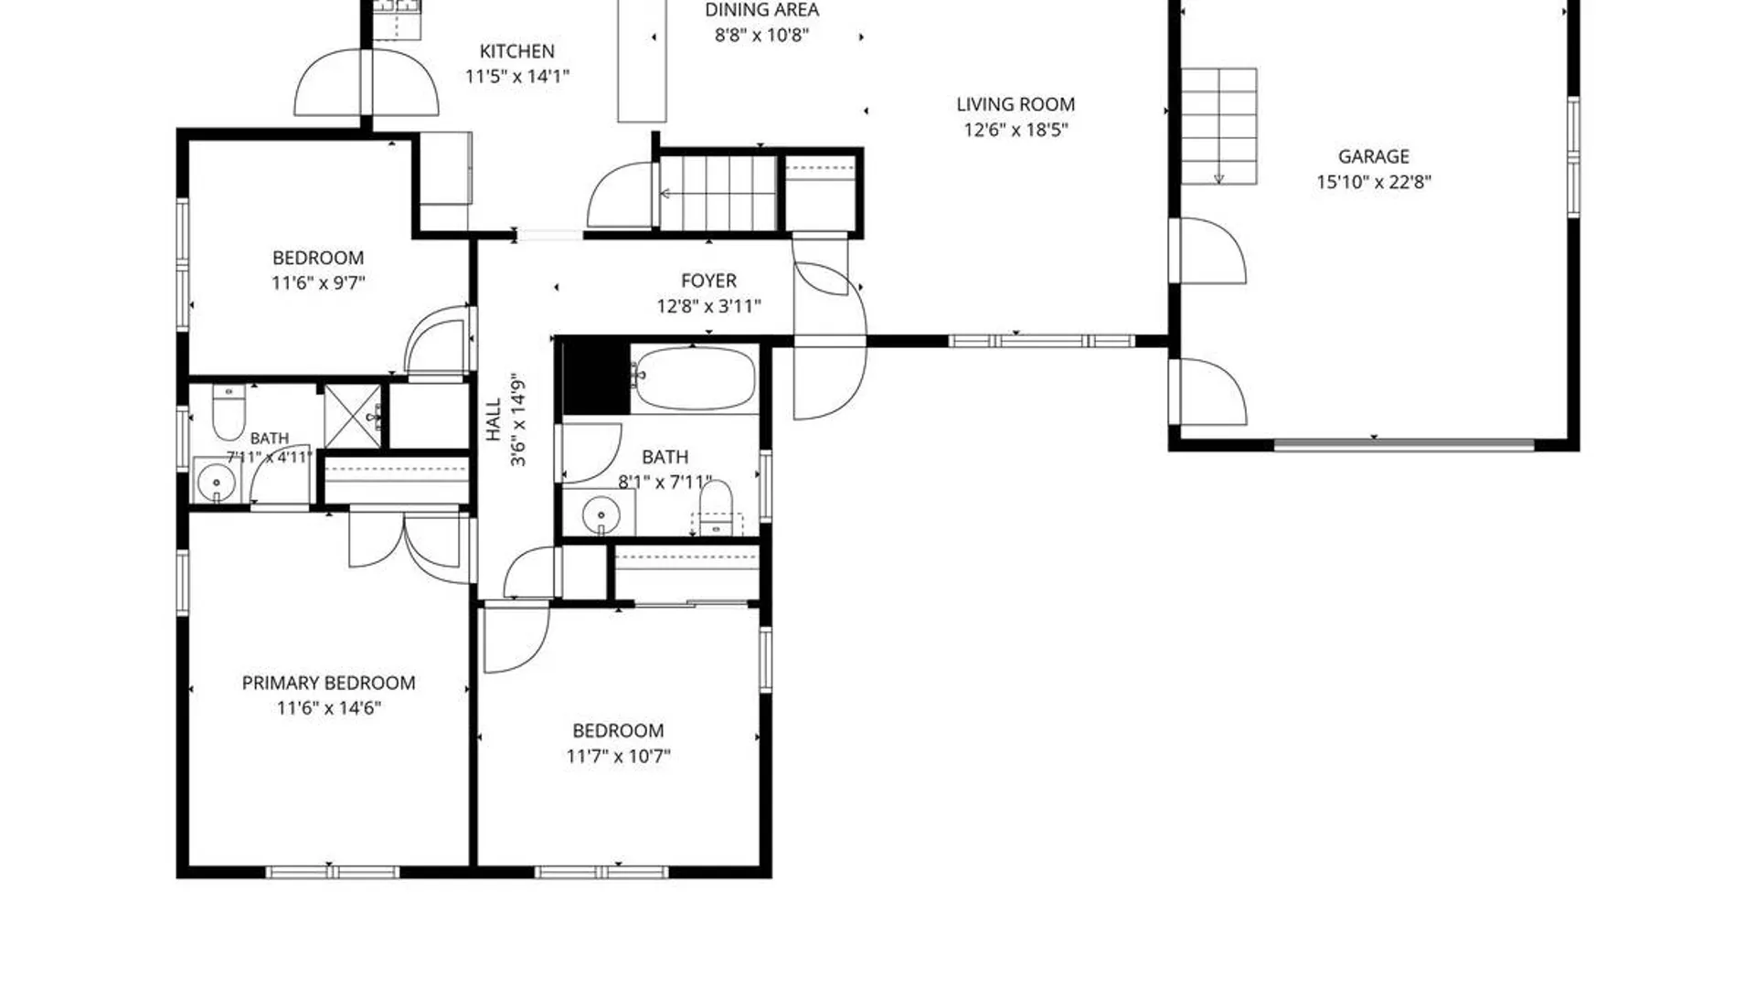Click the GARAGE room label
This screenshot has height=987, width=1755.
click(1373, 156)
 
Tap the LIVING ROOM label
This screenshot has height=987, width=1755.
click(1016, 104)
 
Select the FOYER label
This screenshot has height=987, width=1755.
click(708, 281)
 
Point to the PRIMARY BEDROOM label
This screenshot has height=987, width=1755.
click(328, 683)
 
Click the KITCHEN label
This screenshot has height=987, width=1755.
click(516, 51)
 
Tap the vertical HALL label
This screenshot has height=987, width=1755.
click(494, 419)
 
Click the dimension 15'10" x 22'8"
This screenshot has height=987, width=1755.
click(1373, 182)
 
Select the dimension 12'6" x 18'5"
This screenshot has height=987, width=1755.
click(1016, 130)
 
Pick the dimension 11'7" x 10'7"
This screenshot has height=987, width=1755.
click(618, 756)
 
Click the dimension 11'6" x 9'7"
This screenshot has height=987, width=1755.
click(318, 283)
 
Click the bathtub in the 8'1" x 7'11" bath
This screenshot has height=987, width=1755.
click(696, 378)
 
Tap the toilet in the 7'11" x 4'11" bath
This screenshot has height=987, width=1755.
click(229, 410)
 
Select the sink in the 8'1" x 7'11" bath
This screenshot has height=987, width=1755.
click(601, 514)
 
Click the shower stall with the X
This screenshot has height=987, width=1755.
click(353, 417)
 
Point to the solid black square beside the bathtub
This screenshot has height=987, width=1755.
click(596, 377)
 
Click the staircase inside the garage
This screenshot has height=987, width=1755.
click(1218, 126)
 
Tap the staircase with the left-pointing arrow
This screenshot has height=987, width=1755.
click(718, 193)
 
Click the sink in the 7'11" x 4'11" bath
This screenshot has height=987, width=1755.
click(217, 481)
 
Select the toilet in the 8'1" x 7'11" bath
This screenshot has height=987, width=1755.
click(716, 508)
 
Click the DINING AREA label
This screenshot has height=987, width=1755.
click(761, 10)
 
